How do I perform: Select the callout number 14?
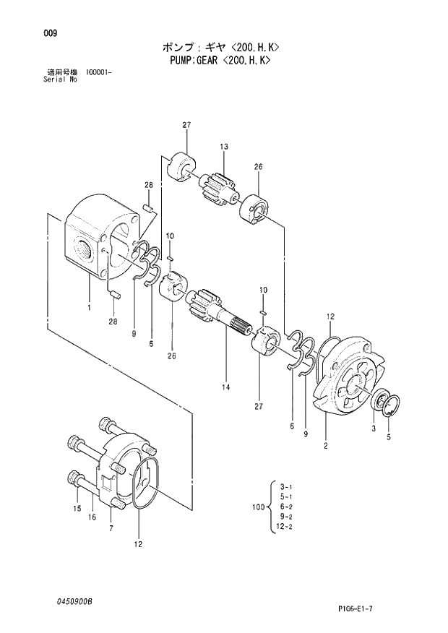[225, 388]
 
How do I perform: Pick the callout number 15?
[77, 509]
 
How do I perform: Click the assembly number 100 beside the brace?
[258, 508]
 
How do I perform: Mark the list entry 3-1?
[285, 487]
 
